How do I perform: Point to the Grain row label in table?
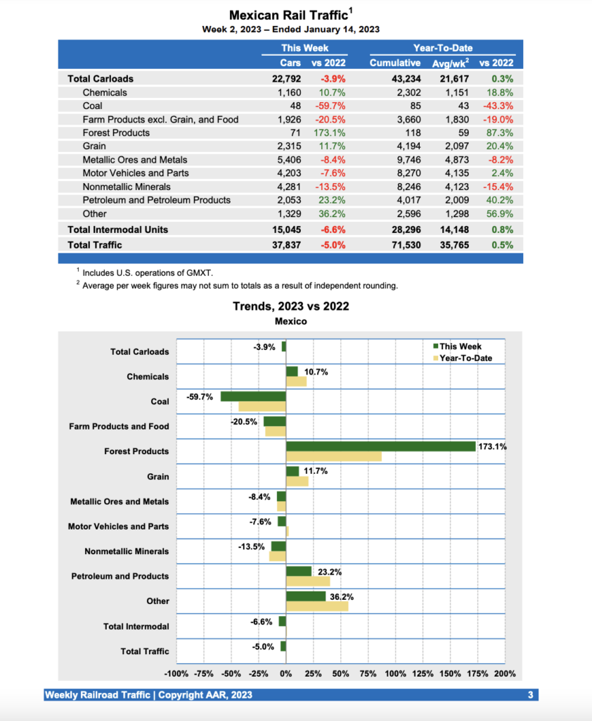coord(95,146)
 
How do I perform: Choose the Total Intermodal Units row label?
coord(117,230)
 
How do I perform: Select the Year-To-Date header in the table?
coord(443,48)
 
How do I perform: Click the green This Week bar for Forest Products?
coord(380,446)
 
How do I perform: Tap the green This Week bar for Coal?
coord(253,396)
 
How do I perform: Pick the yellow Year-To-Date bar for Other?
coord(317,606)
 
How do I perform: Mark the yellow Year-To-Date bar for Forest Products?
coord(334,456)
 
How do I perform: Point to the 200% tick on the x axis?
coord(505,674)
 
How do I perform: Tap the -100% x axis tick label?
coord(176,674)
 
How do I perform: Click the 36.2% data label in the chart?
coord(342,597)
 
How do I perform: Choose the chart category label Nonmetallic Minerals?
coord(127,551)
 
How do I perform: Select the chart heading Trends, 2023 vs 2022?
coord(290,306)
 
